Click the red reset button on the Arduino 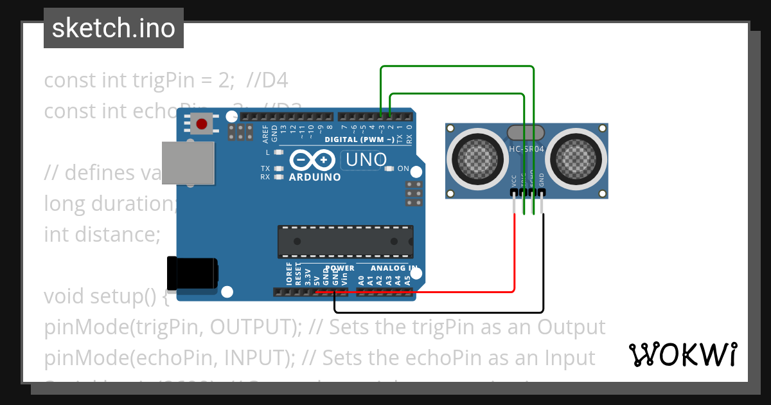tap(202, 122)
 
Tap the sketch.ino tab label tap(114, 28)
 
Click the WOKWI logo tap(682, 354)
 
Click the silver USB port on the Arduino tap(188, 162)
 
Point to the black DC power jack tap(191, 273)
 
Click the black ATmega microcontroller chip tap(345, 241)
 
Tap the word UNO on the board tap(366, 159)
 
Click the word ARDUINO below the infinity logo tap(315, 177)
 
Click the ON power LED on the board tap(389, 169)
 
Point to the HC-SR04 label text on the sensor tap(526, 149)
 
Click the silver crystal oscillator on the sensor tap(526, 132)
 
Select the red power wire tap(514, 257)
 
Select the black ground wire tap(543, 270)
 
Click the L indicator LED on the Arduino tap(278, 152)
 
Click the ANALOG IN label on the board tap(394, 268)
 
